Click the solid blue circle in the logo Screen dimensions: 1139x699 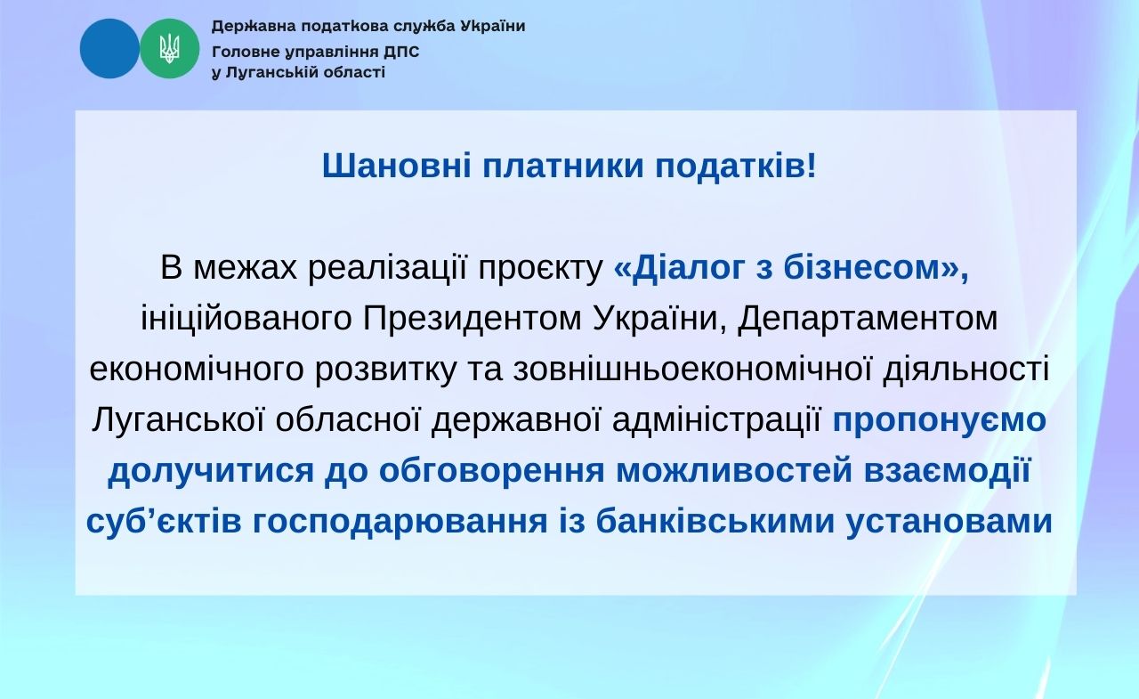109,48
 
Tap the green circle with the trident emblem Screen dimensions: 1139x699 169,48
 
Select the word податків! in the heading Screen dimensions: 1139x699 735,167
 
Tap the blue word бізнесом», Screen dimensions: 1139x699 876,268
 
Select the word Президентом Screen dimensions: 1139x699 473,319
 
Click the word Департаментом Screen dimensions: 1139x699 868,319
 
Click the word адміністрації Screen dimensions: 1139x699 717,421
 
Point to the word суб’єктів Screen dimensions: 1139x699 163,523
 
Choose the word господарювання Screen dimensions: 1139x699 400,523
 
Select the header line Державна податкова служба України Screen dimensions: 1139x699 368,26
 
